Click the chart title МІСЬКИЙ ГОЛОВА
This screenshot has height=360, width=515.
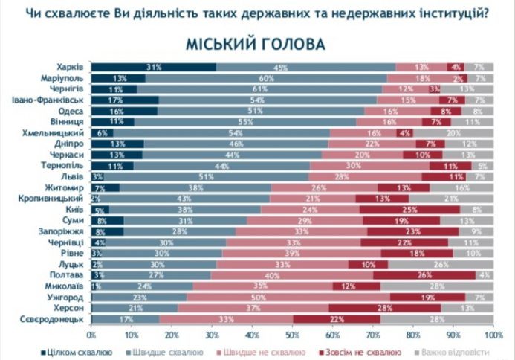[x=257, y=44]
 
